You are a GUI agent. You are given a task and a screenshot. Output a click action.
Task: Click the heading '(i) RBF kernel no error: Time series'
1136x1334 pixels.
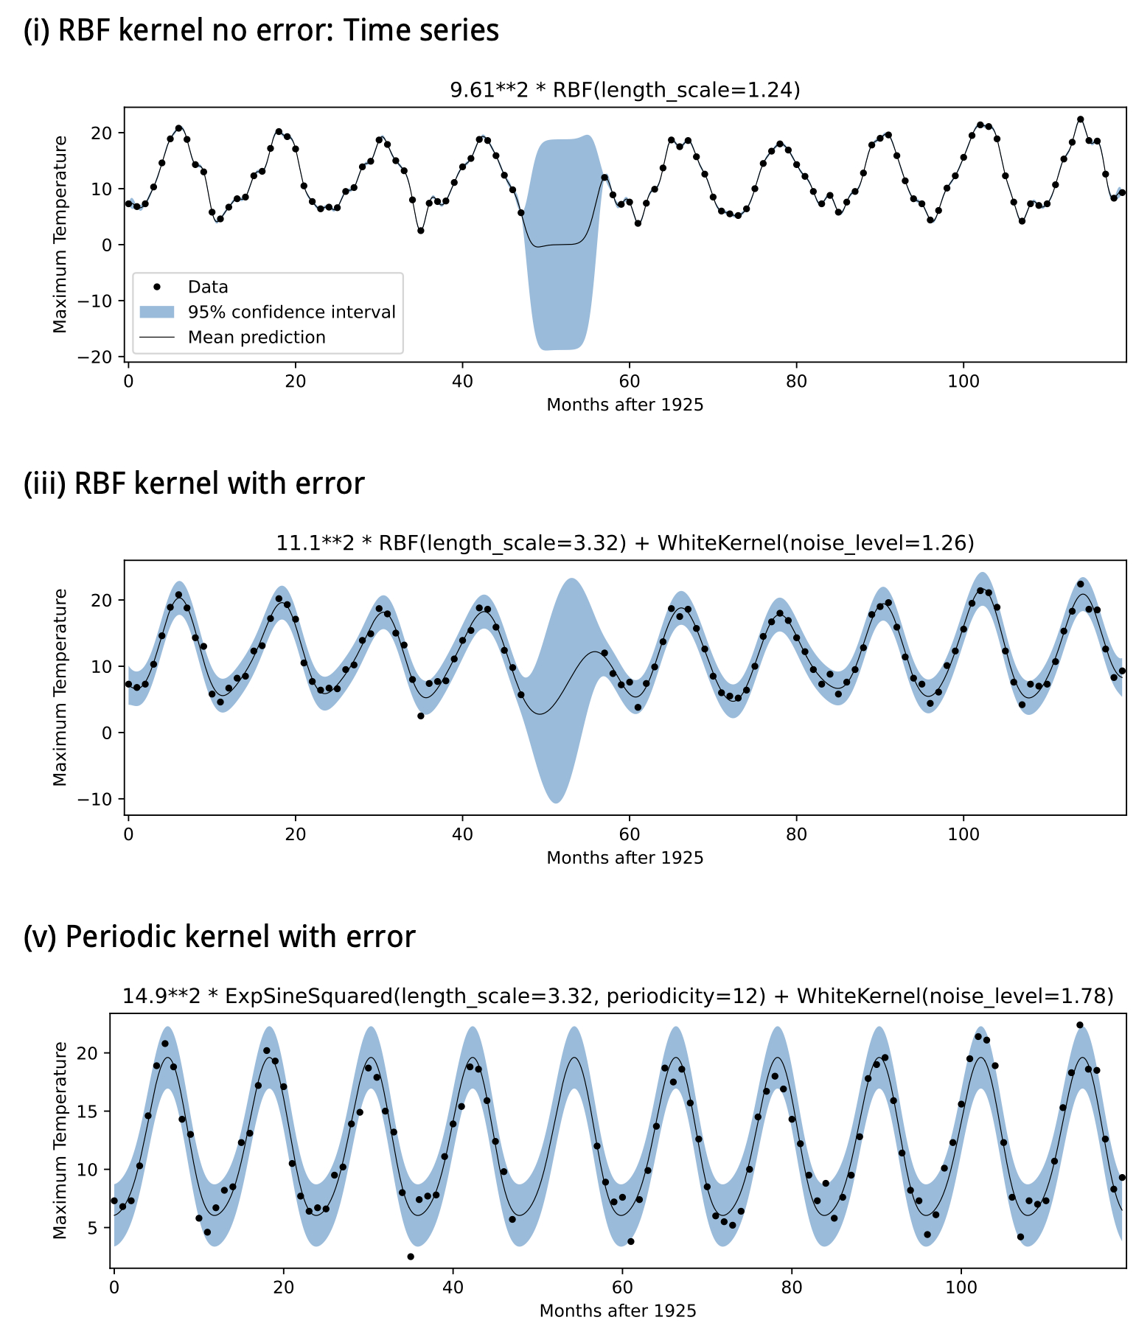(x=261, y=31)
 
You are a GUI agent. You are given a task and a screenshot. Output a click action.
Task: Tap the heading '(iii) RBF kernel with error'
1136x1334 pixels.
(x=194, y=483)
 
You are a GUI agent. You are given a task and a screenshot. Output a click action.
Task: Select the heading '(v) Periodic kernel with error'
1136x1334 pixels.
(x=219, y=937)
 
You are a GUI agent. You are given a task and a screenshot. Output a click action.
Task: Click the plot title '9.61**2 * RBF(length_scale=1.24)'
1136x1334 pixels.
(x=624, y=90)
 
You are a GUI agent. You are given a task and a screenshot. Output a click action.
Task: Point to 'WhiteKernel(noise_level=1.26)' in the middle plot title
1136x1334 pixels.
(x=815, y=543)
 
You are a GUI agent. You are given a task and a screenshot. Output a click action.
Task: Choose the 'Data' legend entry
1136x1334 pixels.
(x=208, y=287)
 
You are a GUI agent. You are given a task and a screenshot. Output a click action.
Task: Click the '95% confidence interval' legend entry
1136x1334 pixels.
(x=291, y=312)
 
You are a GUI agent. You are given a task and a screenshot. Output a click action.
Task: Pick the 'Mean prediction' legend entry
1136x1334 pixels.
(x=257, y=337)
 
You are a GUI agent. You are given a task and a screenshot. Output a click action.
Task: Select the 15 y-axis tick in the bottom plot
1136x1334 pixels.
(x=94, y=1111)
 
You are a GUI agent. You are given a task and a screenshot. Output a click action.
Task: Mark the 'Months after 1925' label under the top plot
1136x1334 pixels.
(x=624, y=405)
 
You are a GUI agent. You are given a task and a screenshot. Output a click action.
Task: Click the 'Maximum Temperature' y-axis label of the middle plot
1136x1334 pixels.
(x=60, y=687)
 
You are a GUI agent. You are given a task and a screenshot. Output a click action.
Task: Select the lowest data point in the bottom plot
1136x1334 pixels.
(x=411, y=1257)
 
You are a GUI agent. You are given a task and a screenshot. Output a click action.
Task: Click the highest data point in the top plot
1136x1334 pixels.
(x=1080, y=119)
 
